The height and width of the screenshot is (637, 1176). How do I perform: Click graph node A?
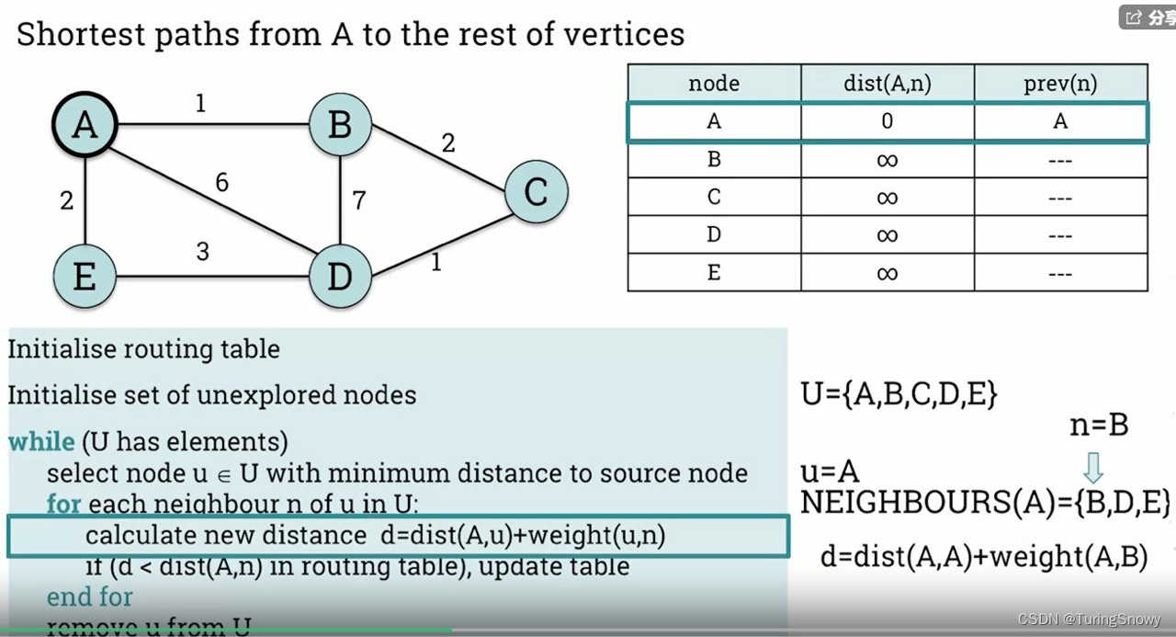84,123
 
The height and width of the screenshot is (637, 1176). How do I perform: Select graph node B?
340,123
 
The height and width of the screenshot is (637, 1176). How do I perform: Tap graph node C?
536,191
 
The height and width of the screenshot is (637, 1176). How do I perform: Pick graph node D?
340,276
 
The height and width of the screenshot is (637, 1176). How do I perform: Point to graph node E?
84,276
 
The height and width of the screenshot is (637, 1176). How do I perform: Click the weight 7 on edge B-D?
359,199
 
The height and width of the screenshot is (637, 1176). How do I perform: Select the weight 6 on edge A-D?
221,183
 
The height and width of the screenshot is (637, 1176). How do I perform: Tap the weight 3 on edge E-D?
202,251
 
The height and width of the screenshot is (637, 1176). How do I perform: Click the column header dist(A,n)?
887,84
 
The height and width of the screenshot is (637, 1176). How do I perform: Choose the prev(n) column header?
1059,84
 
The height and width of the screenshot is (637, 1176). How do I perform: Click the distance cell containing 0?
887,121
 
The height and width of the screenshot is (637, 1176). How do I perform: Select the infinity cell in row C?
887,198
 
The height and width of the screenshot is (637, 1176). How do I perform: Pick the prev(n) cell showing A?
1059,121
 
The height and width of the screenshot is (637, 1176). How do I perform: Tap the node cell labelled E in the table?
714,273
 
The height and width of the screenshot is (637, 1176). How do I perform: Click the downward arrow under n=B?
1092,467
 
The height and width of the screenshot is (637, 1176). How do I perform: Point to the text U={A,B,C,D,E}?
899,393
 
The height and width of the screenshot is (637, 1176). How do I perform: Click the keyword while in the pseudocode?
41,442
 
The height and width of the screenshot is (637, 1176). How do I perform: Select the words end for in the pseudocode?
89,597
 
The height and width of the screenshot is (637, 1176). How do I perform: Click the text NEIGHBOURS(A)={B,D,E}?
985,503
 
